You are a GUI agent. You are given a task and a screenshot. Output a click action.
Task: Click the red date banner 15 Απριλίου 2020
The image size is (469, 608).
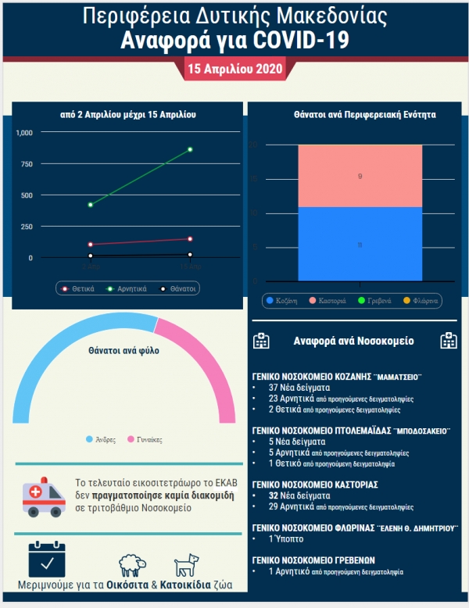pyautogui.click(x=234, y=69)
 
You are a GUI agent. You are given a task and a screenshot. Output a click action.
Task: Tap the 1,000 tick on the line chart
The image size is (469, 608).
pyautogui.click(x=24, y=133)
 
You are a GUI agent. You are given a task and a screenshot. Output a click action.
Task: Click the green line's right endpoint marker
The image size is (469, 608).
pyautogui.click(x=190, y=149)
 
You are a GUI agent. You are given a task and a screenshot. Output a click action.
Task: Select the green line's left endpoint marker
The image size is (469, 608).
pyautogui.click(x=91, y=205)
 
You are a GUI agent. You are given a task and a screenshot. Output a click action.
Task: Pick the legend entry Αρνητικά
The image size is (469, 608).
pyautogui.click(x=127, y=288)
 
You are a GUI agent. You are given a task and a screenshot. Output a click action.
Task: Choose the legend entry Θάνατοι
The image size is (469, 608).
pyautogui.click(x=178, y=288)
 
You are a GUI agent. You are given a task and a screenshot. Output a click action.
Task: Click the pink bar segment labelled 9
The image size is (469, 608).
pyautogui.click(x=360, y=177)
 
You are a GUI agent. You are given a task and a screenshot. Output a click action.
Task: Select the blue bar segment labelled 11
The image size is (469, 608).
pyautogui.click(x=360, y=245)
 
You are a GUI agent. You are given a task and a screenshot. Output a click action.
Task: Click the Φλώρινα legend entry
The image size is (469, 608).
pyautogui.click(x=421, y=300)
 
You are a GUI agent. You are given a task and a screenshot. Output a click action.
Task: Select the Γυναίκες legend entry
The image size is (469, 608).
pyautogui.click(x=145, y=439)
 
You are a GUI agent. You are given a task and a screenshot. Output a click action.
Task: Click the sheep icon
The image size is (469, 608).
pyautogui.click(x=133, y=565)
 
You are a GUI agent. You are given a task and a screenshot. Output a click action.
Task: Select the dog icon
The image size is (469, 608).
pyautogui.click(x=187, y=565)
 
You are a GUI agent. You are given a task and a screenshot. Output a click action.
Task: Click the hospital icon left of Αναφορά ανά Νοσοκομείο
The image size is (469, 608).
pyautogui.click(x=262, y=341)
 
